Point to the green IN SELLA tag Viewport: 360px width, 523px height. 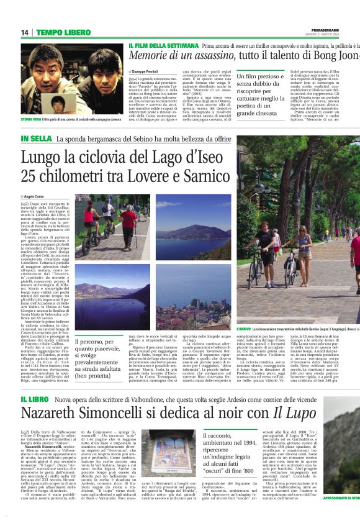click(36, 138)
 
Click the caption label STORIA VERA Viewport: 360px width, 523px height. click(32, 119)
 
